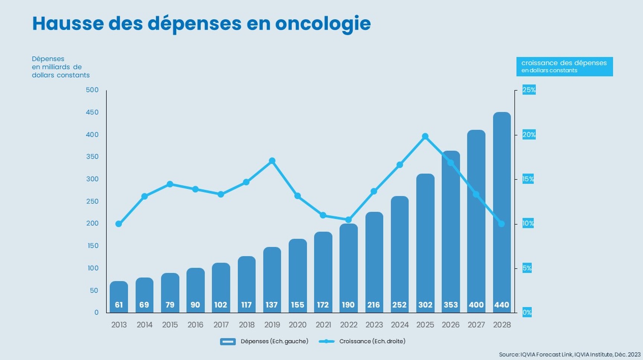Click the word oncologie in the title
[x=323, y=23]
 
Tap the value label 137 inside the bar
[x=272, y=305]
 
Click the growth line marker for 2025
[x=425, y=137]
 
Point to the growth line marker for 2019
[x=272, y=161]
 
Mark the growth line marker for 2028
[x=501, y=224]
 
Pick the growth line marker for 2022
[x=349, y=220]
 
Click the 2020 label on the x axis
[x=298, y=325]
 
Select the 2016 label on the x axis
[x=195, y=325]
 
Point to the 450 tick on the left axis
[x=92, y=112]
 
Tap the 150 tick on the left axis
[x=92, y=246]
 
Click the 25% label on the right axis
[x=529, y=90]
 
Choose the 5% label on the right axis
[x=527, y=268]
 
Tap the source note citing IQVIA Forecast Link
[x=570, y=354]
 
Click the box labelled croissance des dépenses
[x=564, y=66]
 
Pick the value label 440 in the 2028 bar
[x=502, y=305]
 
